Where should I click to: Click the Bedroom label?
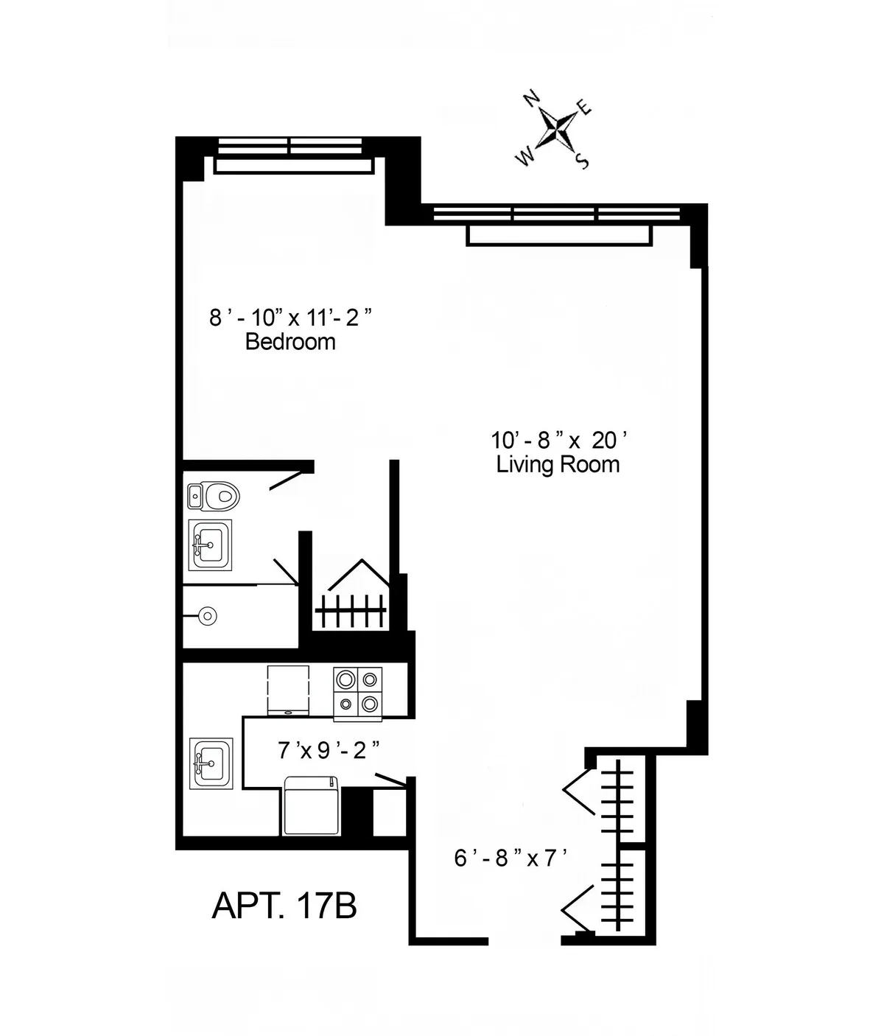pos(290,342)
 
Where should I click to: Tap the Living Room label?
pos(558,464)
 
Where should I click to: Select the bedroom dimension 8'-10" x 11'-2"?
pos(290,318)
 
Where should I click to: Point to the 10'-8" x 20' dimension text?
pos(559,440)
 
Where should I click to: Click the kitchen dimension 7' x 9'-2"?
pos(329,751)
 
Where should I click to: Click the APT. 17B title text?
pos(284,905)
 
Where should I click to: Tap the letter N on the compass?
pos(530,99)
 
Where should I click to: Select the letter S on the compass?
pos(583,161)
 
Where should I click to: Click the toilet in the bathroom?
pos(214,495)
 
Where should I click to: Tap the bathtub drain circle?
pos(208,615)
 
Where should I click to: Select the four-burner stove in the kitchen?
pos(358,693)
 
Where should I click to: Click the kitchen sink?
pos(211,763)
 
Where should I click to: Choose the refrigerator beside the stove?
pos(288,690)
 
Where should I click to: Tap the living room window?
pos(557,215)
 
